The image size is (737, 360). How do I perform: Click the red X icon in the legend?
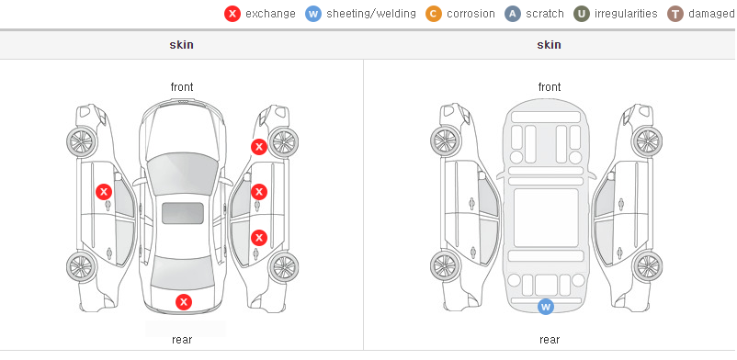click(x=232, y=14)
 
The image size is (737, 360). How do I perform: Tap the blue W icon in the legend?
click(x=313, y=14)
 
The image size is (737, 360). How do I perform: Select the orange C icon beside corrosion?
click(x=434, y=14)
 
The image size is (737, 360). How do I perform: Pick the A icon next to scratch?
click(x=513, y=14)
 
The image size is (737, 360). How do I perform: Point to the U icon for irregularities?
click(x=582, y=14)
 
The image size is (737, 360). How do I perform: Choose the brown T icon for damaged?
click(x=675, y=14)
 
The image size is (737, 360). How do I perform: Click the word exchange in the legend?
click(x=270, y=14)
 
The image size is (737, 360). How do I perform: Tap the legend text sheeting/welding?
click(x=371, y=14)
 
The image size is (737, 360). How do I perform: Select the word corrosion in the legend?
click(x=471, y=14)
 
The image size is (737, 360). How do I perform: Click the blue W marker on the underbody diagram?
click(x=546, y=307)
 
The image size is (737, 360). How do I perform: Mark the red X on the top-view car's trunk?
click(x=184, y=302)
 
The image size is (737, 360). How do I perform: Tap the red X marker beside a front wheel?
click(x=258, y=147)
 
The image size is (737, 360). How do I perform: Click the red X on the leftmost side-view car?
click(x=104, y=192)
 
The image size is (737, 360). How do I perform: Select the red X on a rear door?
click(x=259, y=238)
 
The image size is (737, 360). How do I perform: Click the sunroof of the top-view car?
click(x=183, y=213)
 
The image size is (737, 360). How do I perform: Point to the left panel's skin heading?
click(x=181, y=45)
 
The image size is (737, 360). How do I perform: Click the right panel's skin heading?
click(x=549, y=45)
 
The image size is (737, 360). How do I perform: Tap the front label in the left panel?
click(x=182, y=87)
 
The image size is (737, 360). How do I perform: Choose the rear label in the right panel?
click(x=550, y=339)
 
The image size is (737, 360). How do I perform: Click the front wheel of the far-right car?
click(x=647, y=141)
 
